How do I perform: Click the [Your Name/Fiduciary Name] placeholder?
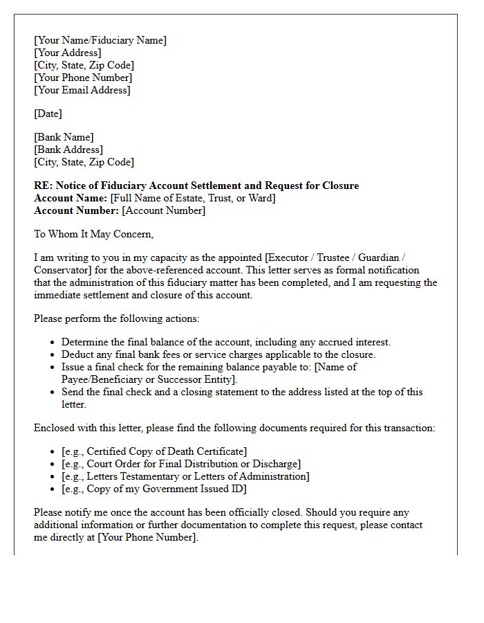click(x=100, y=40)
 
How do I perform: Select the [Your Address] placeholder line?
click(x=67, y=53)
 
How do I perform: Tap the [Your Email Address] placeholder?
click(x=82, y=90)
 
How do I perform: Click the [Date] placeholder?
click(x=48, y=114)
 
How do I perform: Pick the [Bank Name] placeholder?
click(x=64, y=137)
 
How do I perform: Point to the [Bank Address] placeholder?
click(x=68, y=150)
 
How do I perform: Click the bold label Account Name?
click(x=71, y=198)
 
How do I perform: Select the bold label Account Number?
click(x=77, y=210)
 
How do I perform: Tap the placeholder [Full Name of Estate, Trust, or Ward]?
click(x=193, y=198)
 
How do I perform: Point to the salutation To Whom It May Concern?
click(x=93, y=234)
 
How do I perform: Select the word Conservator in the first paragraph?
click(x=61, y=270)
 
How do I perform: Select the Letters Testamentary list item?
click(x=185, y=476)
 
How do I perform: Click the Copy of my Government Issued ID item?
click(x=154, y=489)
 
